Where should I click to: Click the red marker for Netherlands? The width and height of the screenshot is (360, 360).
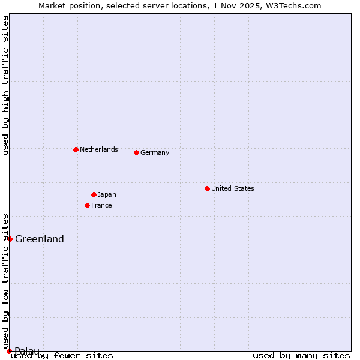tap(76, 149)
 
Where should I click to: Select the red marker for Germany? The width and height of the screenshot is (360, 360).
tap(136, 152)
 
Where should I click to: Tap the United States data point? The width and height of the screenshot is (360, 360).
tap(207, 188)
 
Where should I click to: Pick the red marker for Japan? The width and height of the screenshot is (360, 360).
tap(94, 194)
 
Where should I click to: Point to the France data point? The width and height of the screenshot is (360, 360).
tap(87, 205)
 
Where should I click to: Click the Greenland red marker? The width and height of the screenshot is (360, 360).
tap(10, 239)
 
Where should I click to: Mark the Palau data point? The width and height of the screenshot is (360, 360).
tap(9, 351)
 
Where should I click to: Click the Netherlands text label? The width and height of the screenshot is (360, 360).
tap(98, 149)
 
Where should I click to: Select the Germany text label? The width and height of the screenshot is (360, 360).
tap(155, 152)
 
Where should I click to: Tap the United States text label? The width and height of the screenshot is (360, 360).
tap(232, 188)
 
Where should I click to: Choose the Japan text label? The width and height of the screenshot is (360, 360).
tap(107, 194)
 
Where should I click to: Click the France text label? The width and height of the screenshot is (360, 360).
tap(101, 205)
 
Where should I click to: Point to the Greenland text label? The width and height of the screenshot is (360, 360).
tap(39, 239)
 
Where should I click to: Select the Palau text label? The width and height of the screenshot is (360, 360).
tap(27, 351)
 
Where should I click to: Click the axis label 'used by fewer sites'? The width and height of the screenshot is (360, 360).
tap(62, 356)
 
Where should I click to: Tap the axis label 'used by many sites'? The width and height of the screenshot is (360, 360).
tap(301, 356)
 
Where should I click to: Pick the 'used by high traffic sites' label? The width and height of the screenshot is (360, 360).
tap(5, 86)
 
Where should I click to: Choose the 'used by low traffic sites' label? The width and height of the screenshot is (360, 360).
tap(5, 281)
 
